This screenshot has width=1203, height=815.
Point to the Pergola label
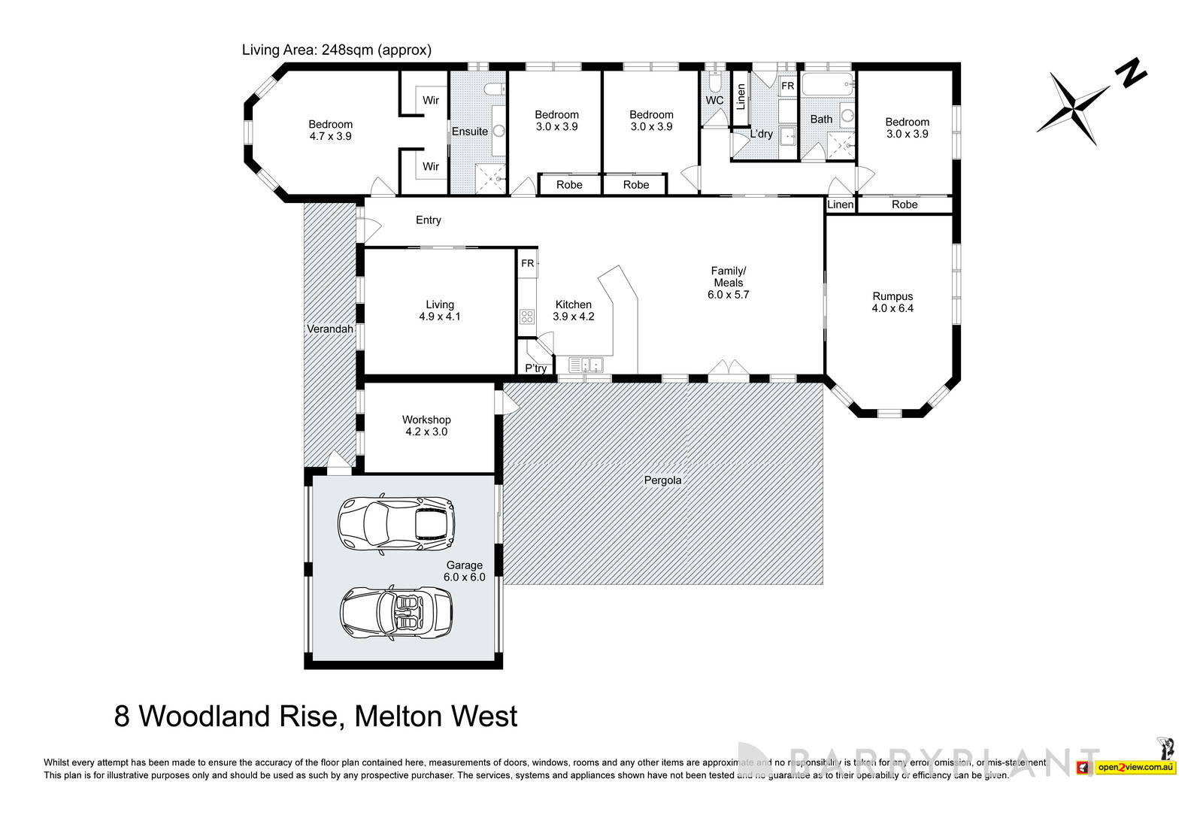point(662,480)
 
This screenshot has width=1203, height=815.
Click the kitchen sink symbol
point(586,365)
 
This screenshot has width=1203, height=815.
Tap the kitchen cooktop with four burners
point(527,317)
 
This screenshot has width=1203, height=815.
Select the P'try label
point(535,368)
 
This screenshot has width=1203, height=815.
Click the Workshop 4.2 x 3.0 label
point(426,426)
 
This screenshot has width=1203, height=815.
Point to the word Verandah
point(329,329)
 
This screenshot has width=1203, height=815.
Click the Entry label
point(429,220)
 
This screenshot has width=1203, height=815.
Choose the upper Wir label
point(430,100)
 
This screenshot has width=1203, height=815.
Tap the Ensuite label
point(469,132)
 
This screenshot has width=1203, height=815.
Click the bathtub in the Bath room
point(828,83)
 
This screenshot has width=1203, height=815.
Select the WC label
point(714,100)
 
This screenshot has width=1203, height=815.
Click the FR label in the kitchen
point(527,263)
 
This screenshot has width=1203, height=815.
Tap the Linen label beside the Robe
point(840,205)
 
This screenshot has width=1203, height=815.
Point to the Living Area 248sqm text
point(336,50)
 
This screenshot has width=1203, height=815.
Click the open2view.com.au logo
point(1135,768)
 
